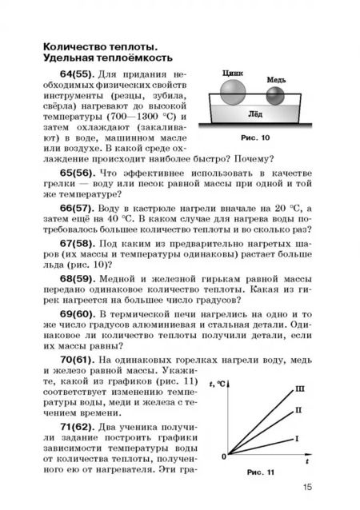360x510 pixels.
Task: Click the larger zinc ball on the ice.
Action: coord(231,90)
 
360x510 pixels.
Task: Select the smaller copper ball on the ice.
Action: coord(274,96)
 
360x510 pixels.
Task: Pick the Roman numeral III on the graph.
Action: coord(301,389)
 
